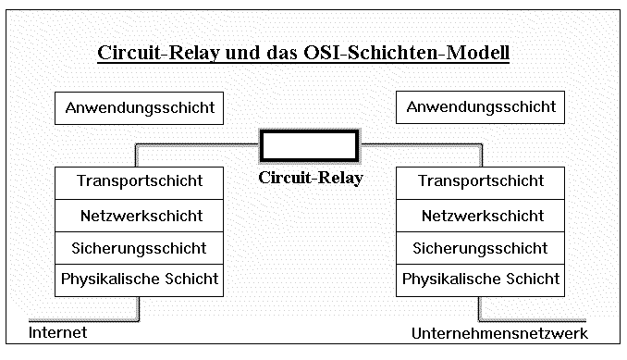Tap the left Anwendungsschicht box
(x=140, y=107)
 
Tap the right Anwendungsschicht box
(x=481, y=107)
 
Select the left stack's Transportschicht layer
(x=140, y=180)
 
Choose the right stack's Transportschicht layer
(x=481, y=180)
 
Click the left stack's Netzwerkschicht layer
(x=140, y=216)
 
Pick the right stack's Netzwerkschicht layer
(x=481, y=216)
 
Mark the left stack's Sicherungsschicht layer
(x=140, y=248)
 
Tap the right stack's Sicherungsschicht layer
(x=481, y=248)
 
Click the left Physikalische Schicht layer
(x=140, y=279)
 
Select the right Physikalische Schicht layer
(x=481, y=279)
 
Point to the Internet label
(x=57, y=332)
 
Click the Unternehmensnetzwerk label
(x=499, y=333)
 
